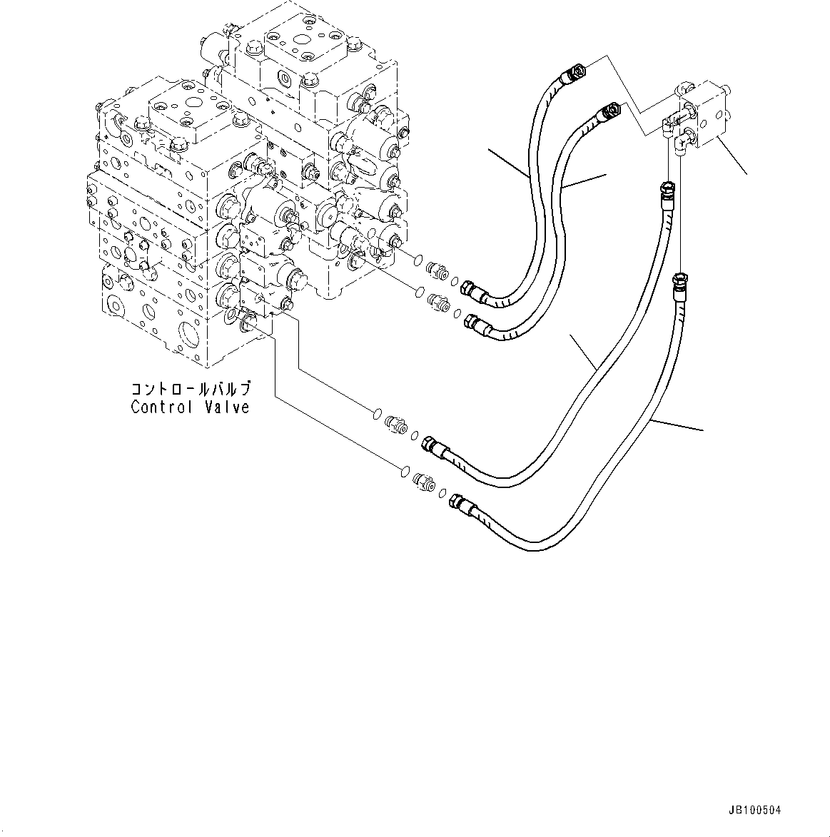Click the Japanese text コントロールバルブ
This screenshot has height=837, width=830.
click(191, 390)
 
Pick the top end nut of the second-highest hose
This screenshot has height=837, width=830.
click(610, 111)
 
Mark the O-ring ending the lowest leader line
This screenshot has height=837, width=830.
click(404, 470)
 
